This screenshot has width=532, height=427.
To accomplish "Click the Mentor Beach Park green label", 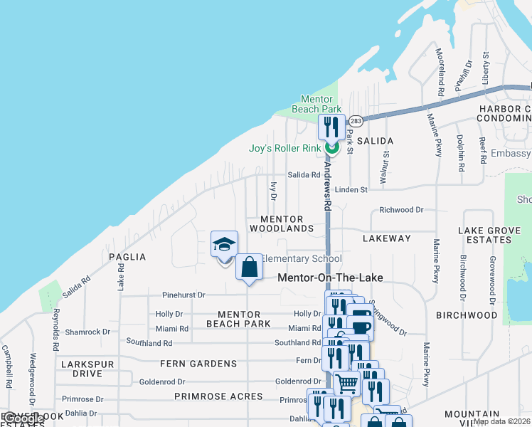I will point(316,104).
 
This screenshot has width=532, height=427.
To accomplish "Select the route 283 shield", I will point(356,121).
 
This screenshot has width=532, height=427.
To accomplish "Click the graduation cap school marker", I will point(224,245).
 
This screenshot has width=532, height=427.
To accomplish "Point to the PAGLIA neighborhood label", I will point(127,257).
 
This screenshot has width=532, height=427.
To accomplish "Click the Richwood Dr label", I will point(401,210).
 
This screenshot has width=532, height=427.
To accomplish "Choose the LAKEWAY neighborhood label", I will point(387,238).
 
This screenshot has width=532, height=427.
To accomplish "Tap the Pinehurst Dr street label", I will point(183,295).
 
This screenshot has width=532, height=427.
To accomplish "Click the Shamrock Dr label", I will point(87,332).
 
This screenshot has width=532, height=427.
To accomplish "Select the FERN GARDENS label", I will point(198,364).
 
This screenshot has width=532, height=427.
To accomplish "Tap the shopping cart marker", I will point(346,384).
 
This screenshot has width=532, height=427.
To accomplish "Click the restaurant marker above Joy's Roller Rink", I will point(331,127).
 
